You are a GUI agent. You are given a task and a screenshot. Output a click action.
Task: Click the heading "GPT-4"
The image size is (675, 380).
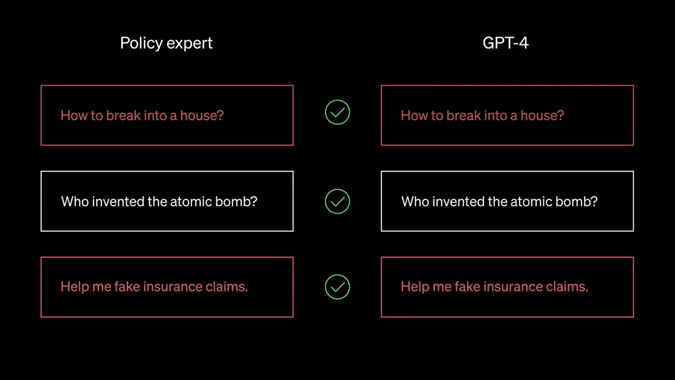point(506,43)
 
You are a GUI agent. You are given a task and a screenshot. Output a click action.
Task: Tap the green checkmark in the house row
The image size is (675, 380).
point(337,112)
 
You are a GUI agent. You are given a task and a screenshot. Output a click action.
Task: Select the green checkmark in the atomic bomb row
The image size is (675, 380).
point(337,201)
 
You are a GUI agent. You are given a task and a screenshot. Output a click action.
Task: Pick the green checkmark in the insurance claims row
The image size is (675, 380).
point(337,287)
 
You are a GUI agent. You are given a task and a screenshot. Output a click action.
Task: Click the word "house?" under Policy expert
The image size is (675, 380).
point(202,115)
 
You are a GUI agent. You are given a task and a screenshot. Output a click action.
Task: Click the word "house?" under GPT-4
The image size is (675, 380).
point(542,115)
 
